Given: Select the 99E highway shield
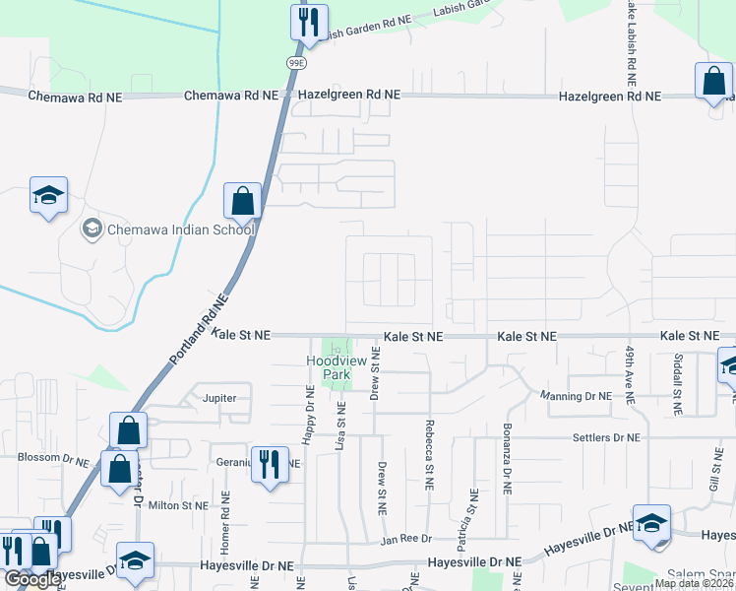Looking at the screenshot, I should tap(296, 62).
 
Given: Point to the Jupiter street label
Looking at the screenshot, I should tap(220, 399).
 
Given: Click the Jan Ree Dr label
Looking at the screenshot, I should tap(402, 541).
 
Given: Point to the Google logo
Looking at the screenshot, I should tap(31, 578).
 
